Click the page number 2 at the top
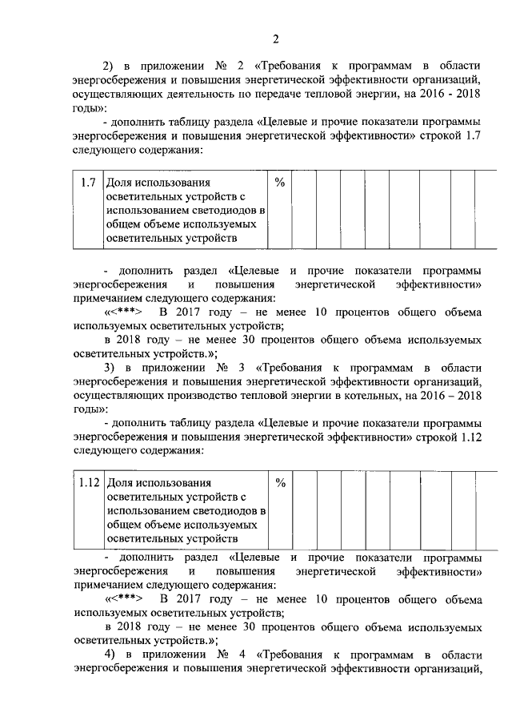click(276, 40)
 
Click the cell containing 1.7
click(89, 183)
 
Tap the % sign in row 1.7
click(280, 183)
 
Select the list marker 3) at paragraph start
click(110, 367)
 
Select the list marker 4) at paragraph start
click(110, 654)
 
